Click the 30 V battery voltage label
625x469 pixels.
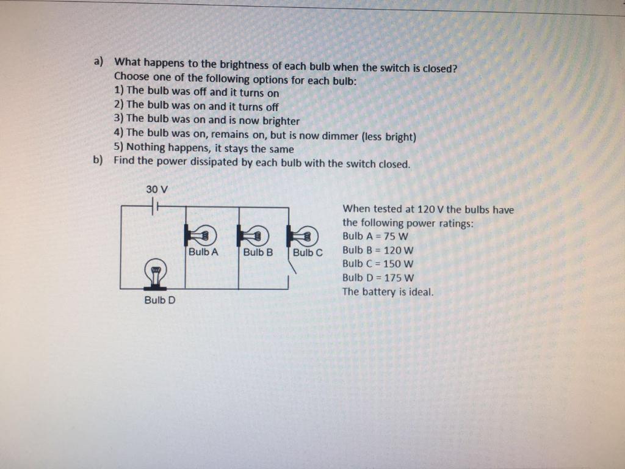[157, 189]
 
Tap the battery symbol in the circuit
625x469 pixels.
[156, 207]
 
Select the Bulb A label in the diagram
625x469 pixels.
[203, 251]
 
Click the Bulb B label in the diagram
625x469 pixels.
[258, 252]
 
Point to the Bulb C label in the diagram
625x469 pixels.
[308, 252]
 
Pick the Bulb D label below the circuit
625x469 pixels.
[160, 300]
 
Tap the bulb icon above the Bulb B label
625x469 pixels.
[253, 233]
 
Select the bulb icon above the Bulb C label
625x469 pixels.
[303, 234]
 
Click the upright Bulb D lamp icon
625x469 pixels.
[156, 272]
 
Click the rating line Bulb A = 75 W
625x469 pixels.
[375, 236]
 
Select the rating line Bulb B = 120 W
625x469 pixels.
[378, 250]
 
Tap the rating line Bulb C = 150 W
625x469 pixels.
[378, 264]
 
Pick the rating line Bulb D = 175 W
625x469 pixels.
[378, 277]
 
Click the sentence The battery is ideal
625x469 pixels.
[388, 291]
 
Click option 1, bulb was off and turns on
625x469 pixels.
[197, 93]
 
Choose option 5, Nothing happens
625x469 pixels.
[204, 149]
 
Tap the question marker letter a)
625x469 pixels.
[98, 62]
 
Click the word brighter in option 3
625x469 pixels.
[280, 121]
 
